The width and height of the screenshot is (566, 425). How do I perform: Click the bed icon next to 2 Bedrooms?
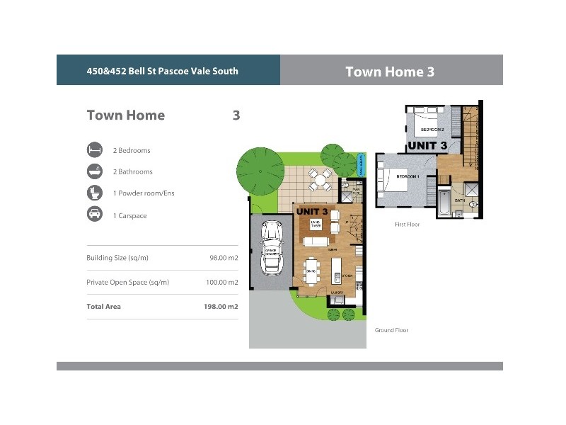(93, 150)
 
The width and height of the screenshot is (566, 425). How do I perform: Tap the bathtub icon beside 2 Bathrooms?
(93, 171)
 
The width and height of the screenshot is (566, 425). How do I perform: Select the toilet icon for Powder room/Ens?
(93, 193)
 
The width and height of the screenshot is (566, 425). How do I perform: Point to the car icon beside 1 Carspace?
(93, 215)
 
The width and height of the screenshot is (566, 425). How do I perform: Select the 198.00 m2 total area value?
(221, 306)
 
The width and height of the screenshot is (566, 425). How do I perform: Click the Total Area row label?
(103, 306)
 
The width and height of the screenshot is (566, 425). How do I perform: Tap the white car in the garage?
(271, 247)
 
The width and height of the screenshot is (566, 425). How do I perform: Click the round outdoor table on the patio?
(320, 181)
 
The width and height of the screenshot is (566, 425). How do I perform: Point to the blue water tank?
(362, 164)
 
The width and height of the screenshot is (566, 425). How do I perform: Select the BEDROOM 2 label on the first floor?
(432, 130)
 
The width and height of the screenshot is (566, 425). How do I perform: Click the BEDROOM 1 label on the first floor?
(408, 176)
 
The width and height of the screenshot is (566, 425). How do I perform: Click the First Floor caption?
(407, 224)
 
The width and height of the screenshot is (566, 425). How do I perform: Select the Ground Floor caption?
(391, 330)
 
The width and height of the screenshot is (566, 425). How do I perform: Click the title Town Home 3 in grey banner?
(389, 72)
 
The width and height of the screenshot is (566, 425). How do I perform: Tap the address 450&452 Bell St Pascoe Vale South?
(162, 71)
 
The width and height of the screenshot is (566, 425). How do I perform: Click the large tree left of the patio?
(259, 171)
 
